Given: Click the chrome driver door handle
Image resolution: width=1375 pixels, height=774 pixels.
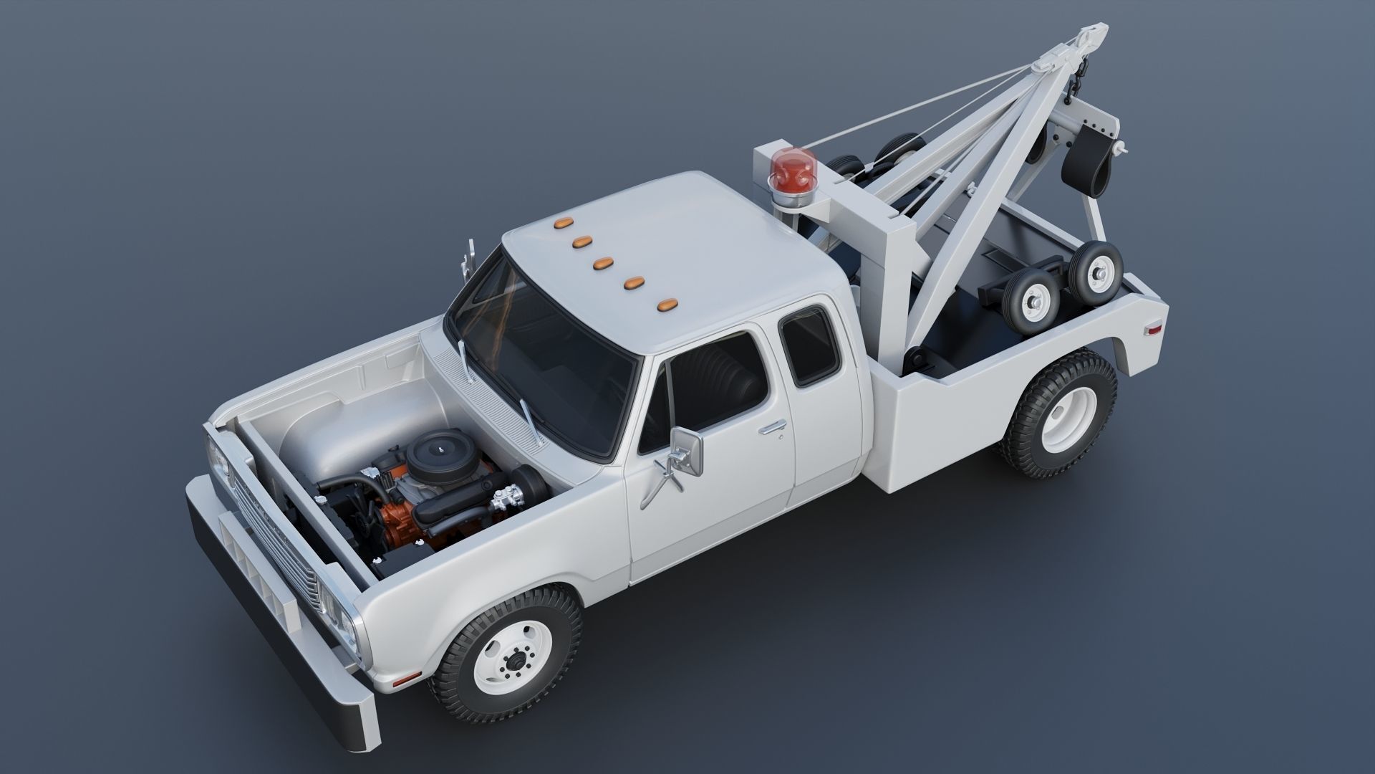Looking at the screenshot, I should (x=773, y=429).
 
